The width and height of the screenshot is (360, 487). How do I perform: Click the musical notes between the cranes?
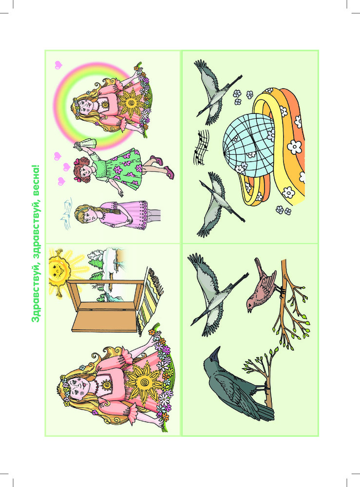(x=201, y=147)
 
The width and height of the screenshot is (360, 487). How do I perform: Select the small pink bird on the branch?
(x=262, y=284)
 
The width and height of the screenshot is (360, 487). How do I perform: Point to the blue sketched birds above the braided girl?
(x=66, y=214)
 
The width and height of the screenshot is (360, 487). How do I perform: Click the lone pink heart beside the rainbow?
(x=58, y=65)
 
